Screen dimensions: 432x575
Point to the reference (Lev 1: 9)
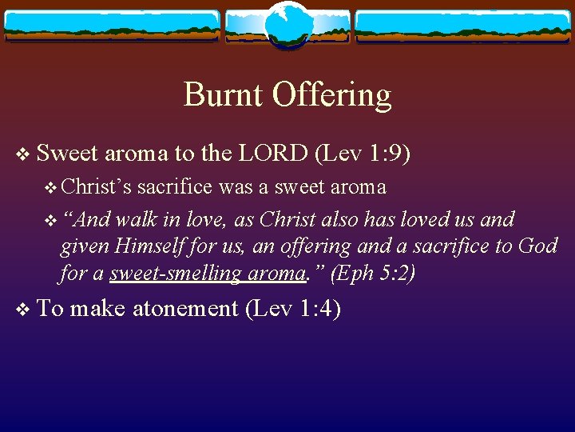point(363,152)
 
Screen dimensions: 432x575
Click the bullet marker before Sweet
point(22,153)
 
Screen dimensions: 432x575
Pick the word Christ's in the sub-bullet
point(95,187)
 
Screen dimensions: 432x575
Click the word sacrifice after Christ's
point(174,187)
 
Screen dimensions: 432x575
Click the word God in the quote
point(537,246)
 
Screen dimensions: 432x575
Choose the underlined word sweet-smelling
point(176,274)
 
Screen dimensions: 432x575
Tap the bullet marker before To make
point(22,310)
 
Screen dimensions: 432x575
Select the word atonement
point(184,309)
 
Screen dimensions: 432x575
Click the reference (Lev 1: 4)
point(293,309)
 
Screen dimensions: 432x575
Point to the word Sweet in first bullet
point(66,152)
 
